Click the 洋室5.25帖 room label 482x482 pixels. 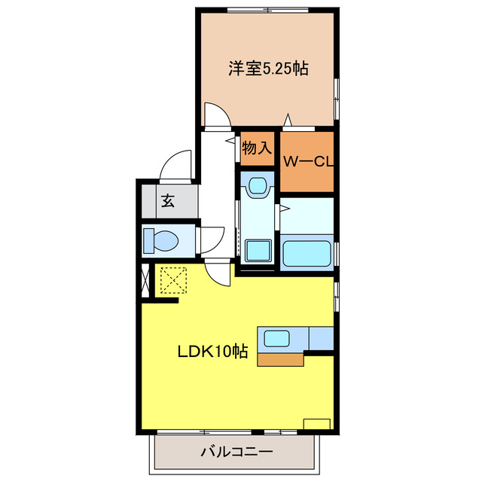268,69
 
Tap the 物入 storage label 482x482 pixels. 257,148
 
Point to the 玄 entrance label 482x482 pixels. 167,201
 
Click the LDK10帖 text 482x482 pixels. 213,351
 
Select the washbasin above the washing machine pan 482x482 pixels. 258,185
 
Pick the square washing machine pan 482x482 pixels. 258,249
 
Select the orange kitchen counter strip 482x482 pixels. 281,359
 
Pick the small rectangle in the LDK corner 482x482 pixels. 316,423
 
